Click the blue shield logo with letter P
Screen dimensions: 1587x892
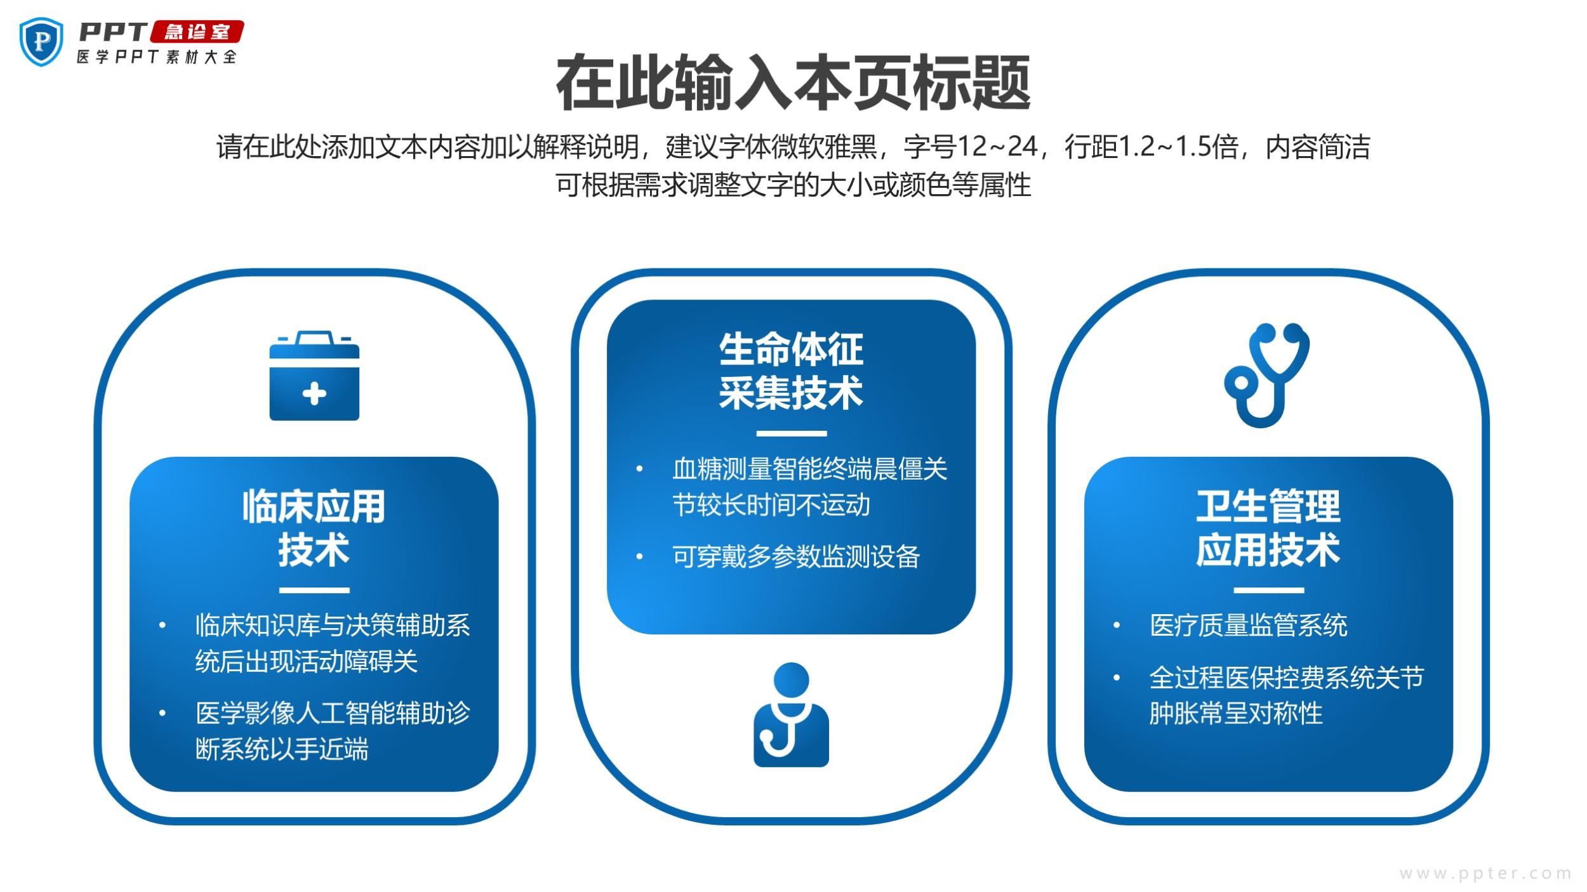(x=42, y=41)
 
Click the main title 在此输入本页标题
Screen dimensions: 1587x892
(x=793, y=83)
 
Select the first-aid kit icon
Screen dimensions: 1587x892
(x=314, y=375)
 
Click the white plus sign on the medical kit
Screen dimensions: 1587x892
(x=314, y=393)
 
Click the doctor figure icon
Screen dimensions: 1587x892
(x=791, y=714)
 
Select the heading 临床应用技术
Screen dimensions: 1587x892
(x=314, y=527)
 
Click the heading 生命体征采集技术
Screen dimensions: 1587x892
(x=791, y=371)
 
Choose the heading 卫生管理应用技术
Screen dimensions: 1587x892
(x=1268, y=527)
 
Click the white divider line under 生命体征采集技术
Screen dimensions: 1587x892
(x=792, y=434)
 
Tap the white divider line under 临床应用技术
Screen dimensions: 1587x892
(x=314, y=591)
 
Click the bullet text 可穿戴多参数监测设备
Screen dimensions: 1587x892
(x=796, y=556)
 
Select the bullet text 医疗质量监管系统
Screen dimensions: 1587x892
(x=1249, y=625)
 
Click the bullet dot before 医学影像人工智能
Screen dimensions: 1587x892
(x=163, y=713)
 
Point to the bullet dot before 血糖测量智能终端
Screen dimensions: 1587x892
(x=639, y=469)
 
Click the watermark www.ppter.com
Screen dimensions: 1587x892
(x=1485, y=874)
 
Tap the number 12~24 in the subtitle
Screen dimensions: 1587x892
(x=997, y=147)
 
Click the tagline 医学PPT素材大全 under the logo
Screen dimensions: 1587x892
(x=157, y=56)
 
